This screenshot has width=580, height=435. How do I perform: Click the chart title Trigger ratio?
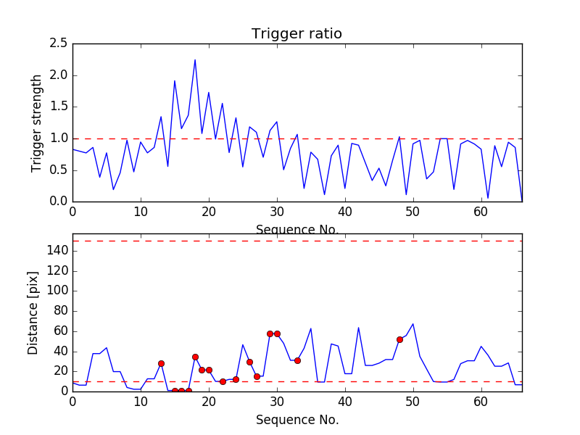[297, 34]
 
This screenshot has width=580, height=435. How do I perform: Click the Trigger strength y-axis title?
[37, 123]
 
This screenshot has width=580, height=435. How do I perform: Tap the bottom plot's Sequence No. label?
[297, 420]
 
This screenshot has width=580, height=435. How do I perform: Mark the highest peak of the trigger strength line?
[195, 60]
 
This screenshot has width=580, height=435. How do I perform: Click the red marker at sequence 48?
[399, 339]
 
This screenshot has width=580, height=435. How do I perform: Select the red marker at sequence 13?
[161, 363]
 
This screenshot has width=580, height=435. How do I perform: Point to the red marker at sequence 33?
[297, 360]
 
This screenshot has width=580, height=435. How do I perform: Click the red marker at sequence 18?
[195, 357]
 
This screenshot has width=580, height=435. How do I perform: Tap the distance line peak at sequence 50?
[413, 324]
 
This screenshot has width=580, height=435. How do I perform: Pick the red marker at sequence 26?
[249, 362]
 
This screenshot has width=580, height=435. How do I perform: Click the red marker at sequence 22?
[223, 381]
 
